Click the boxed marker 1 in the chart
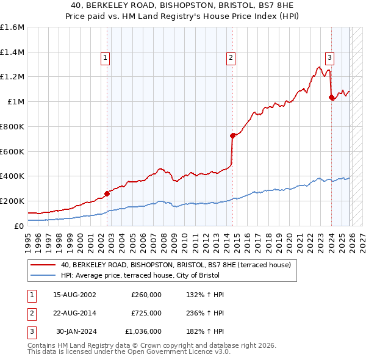click(106, 58)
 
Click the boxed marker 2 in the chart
click(231, 58)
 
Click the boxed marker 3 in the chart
click(329, 58)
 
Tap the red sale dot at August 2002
click(107, 193)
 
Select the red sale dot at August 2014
click(232, 135)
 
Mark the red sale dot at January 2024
click(331, 97)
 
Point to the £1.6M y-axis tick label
click(12, 27)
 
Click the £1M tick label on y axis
click(16, 102)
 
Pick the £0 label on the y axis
click(20, 226)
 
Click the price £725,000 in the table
click(146, 312)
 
